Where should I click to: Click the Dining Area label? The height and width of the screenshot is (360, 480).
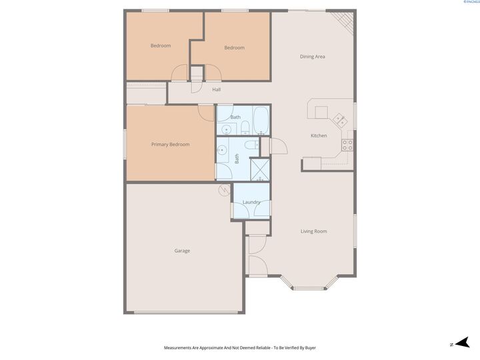pyautogui.click(x=312, y=57)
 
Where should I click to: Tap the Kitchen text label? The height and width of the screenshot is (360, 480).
pyautogui.click(x=319, y=136)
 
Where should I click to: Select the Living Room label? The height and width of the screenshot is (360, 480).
pyautogui.click(x=313, y=231)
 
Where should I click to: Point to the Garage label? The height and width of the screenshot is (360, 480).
pyautogui.click(x=182, y=251)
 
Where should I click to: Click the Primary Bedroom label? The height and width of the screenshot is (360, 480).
pyautogui.click(x=170, y=145)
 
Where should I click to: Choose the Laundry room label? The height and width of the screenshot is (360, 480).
pyautogui.click(x=251, y=202)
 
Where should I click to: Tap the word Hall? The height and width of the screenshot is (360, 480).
pyautogui.click(x=216, y=89)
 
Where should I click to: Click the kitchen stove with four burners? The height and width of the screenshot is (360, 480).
pyautogui.click(x=348, y=143)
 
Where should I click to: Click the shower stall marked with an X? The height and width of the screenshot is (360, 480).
pyautogui.click(x=259, y=169)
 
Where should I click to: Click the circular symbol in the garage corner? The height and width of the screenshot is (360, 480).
pyautogui.click(x=223, y=190)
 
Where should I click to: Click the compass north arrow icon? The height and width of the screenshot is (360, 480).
pyautogui.click(x=457, y=344)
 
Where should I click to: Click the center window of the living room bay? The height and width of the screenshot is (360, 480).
pyautogui.click(x=308, y=289)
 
